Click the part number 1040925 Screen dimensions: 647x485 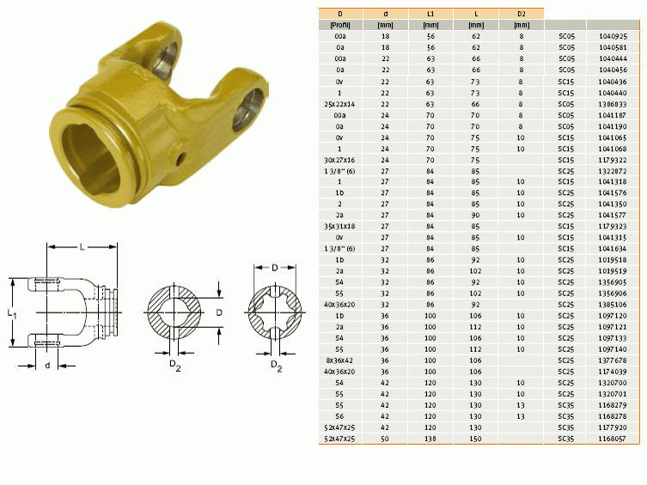[x=613, y=36]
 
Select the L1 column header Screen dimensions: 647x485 [x=430, y=14]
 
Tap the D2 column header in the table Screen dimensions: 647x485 [x=522, y=14]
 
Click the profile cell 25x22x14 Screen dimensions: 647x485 [x=339, y=104]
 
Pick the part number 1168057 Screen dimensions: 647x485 [x=613, y=439]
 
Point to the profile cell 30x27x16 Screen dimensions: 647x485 [x=339, y=160]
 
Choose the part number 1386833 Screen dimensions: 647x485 [x=613, y=104]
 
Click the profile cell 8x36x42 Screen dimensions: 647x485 [x=339, y=361]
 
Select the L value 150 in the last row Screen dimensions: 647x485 [x=476, y=439]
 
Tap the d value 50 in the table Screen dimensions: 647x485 [x=385, y=439]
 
